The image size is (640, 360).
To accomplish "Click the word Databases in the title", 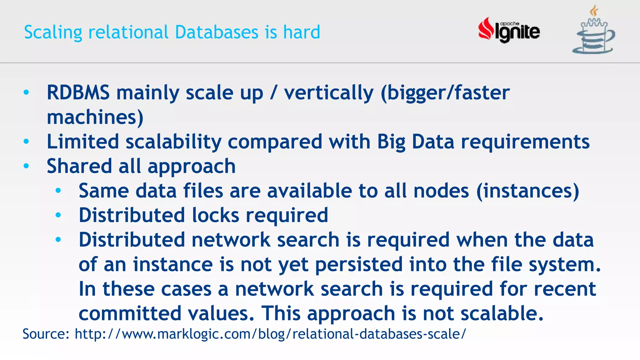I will [x=217, y=32].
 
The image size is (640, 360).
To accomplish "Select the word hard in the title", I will [x=302, y=32].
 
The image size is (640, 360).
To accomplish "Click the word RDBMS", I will [x=78, y=93].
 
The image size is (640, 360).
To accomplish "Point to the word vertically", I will [x=328, y=93].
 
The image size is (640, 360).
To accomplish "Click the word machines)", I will [x=95, y=117].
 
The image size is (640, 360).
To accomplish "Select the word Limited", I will [x=83, y=142].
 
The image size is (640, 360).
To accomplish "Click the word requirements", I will [x=525, y=142].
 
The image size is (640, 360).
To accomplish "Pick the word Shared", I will [x=79, y=166].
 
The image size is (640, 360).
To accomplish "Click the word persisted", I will [x=359, y=264].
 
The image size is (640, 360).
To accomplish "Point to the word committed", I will [x=130, y=313].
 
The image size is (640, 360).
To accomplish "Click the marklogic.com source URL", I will [x=270, y=334].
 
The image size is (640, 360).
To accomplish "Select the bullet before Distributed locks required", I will [x=58, y=215].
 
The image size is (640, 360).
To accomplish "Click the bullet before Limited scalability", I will [x=26, y=142].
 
